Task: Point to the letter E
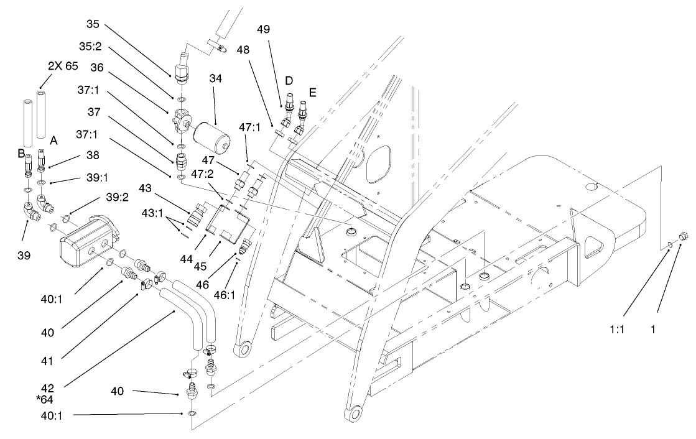click(312, 92)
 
